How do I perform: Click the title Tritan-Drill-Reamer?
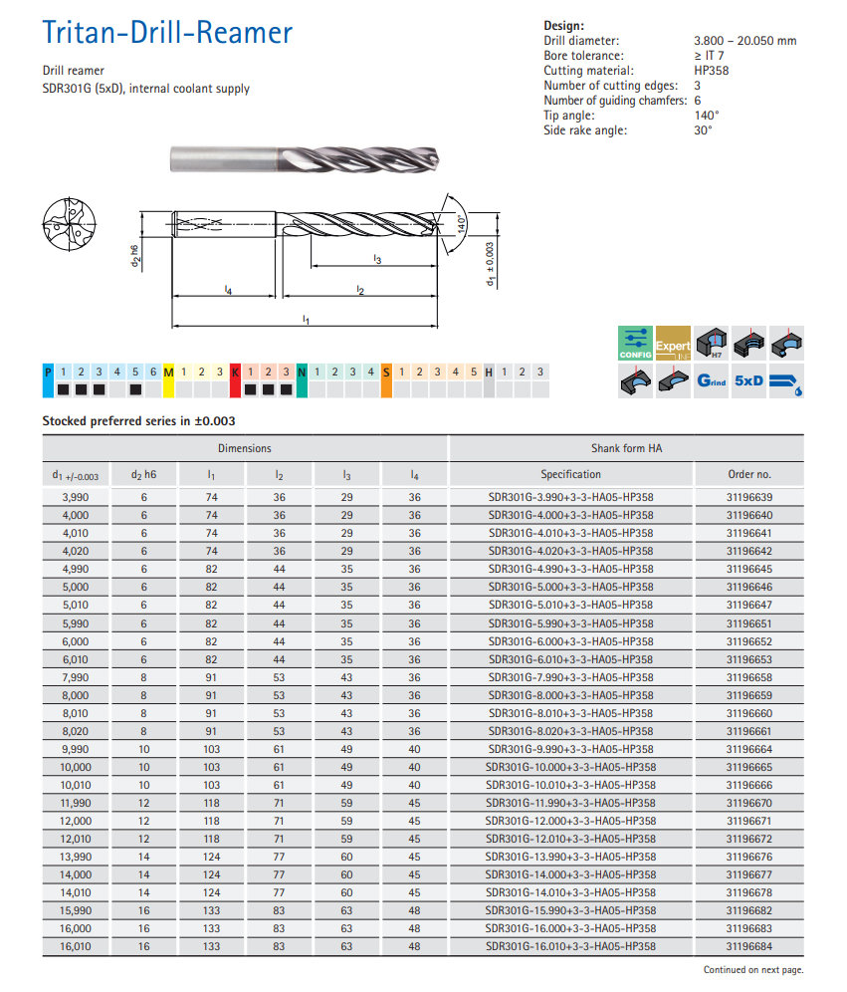click(167, 33)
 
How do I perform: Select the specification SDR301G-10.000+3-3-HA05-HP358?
click(570, 768)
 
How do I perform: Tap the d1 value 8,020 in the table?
click(76, 731)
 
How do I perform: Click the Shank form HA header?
click(626, 448)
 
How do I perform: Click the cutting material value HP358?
click(711, 71)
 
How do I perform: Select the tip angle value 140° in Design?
click(706, 116)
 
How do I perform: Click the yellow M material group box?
click(168, 372)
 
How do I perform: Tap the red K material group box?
click(236, 372)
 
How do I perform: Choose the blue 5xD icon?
click(748, 380)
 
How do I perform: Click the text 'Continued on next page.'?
click(753, 970)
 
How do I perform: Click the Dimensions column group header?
click(245, 448)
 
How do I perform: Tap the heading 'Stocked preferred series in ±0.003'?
click(138, 421)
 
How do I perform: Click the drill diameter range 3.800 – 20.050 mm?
click(744, 41)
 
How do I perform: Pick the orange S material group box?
click(386, 372)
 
